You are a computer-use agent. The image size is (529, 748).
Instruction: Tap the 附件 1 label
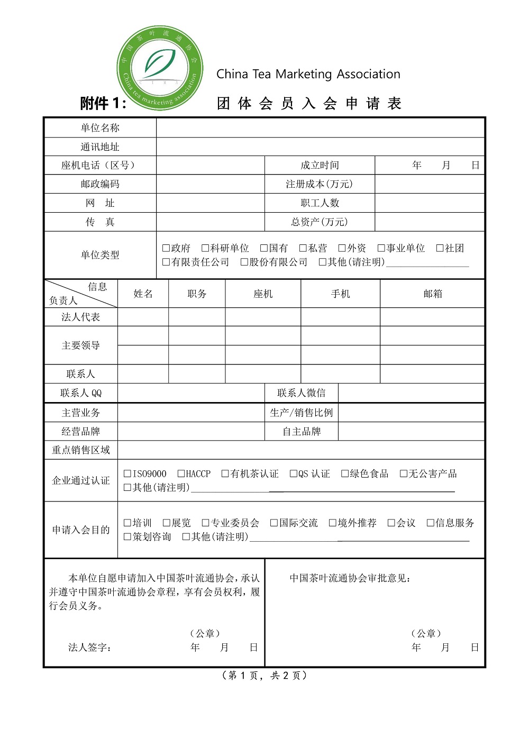103,103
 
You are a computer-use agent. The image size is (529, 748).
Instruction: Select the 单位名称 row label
100,128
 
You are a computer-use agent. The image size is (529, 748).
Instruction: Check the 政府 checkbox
166,248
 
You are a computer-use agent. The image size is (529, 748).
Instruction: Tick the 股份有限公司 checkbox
244,262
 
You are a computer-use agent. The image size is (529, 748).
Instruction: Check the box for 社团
440,248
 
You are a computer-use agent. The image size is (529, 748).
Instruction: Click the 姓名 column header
143,294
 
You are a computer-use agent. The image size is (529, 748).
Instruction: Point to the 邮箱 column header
432,294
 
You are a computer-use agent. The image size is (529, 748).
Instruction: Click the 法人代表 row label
80,317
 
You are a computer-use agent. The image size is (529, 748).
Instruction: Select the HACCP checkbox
181,473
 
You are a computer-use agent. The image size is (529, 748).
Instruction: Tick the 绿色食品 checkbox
345,473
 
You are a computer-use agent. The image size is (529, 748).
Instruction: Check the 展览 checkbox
166,523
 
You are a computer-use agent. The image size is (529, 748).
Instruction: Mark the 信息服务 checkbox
430,523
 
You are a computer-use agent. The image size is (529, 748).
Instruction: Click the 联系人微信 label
301,393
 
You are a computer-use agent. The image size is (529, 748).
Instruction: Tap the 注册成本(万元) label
319,184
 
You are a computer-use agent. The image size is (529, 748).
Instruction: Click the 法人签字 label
89,647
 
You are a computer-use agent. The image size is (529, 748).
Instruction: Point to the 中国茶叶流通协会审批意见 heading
350,578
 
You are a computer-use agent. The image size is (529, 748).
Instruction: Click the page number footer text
264,676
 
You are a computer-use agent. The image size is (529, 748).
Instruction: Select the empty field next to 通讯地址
321,147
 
